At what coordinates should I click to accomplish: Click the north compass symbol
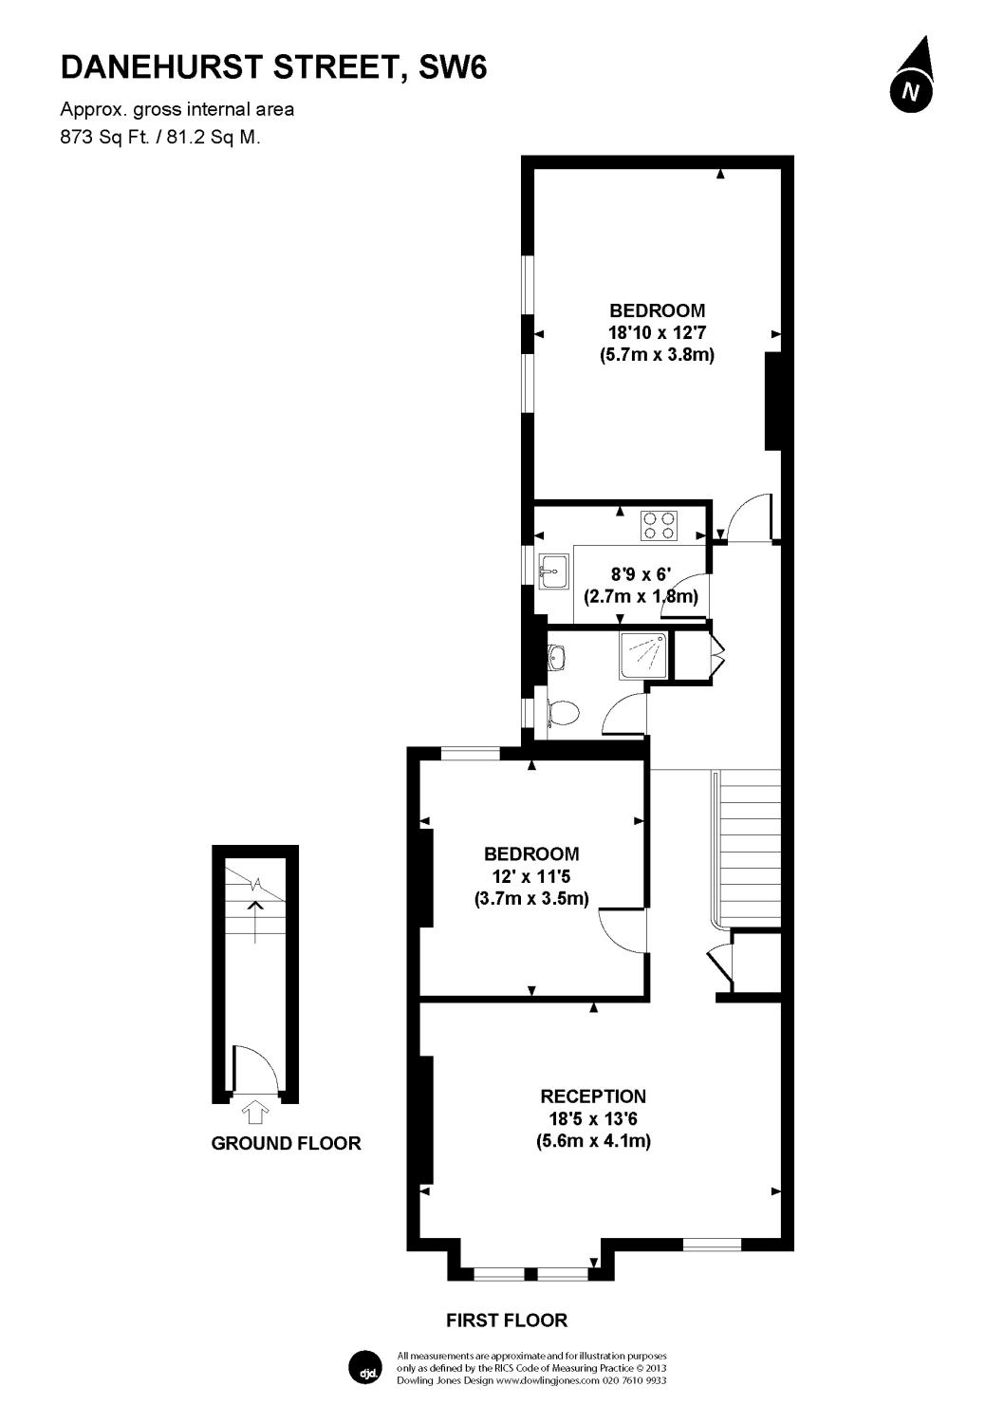[x=911, y=79]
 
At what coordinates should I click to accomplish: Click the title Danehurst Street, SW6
[x=273, y=67]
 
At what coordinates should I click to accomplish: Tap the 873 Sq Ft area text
[x=100, y=137]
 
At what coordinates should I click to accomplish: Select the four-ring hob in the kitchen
[x=660, y=525]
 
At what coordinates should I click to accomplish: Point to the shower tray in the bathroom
[x=644, y=656]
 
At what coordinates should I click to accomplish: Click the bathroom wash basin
[x=556, y=656]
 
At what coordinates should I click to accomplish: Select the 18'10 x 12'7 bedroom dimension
[x=657, y=332]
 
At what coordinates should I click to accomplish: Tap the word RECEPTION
[x=593, y=1096]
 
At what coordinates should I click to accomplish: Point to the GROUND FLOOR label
[x=286, y=1143]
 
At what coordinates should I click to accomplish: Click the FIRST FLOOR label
[x=507, y=1321]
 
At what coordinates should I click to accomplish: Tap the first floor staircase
[x=750, y=845]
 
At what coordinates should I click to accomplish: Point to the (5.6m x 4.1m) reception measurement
[x=593, y=1141]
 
